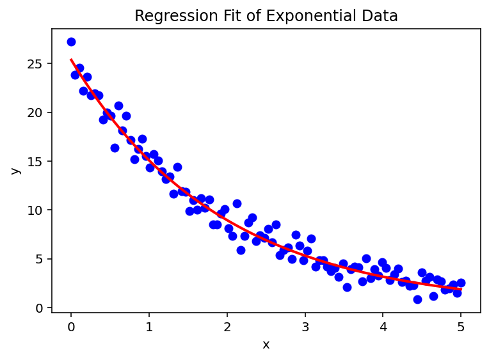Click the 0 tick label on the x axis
point(71,327)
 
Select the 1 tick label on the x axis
point(149,327)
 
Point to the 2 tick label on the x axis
point(227,327)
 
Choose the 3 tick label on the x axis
point(305,327)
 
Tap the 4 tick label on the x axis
point(383,327)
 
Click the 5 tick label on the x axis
point(461,327)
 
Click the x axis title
point(266,345)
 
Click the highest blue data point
point(71,42)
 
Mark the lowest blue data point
point(417,299)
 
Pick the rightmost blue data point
point(461,283)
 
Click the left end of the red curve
point(71,59)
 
